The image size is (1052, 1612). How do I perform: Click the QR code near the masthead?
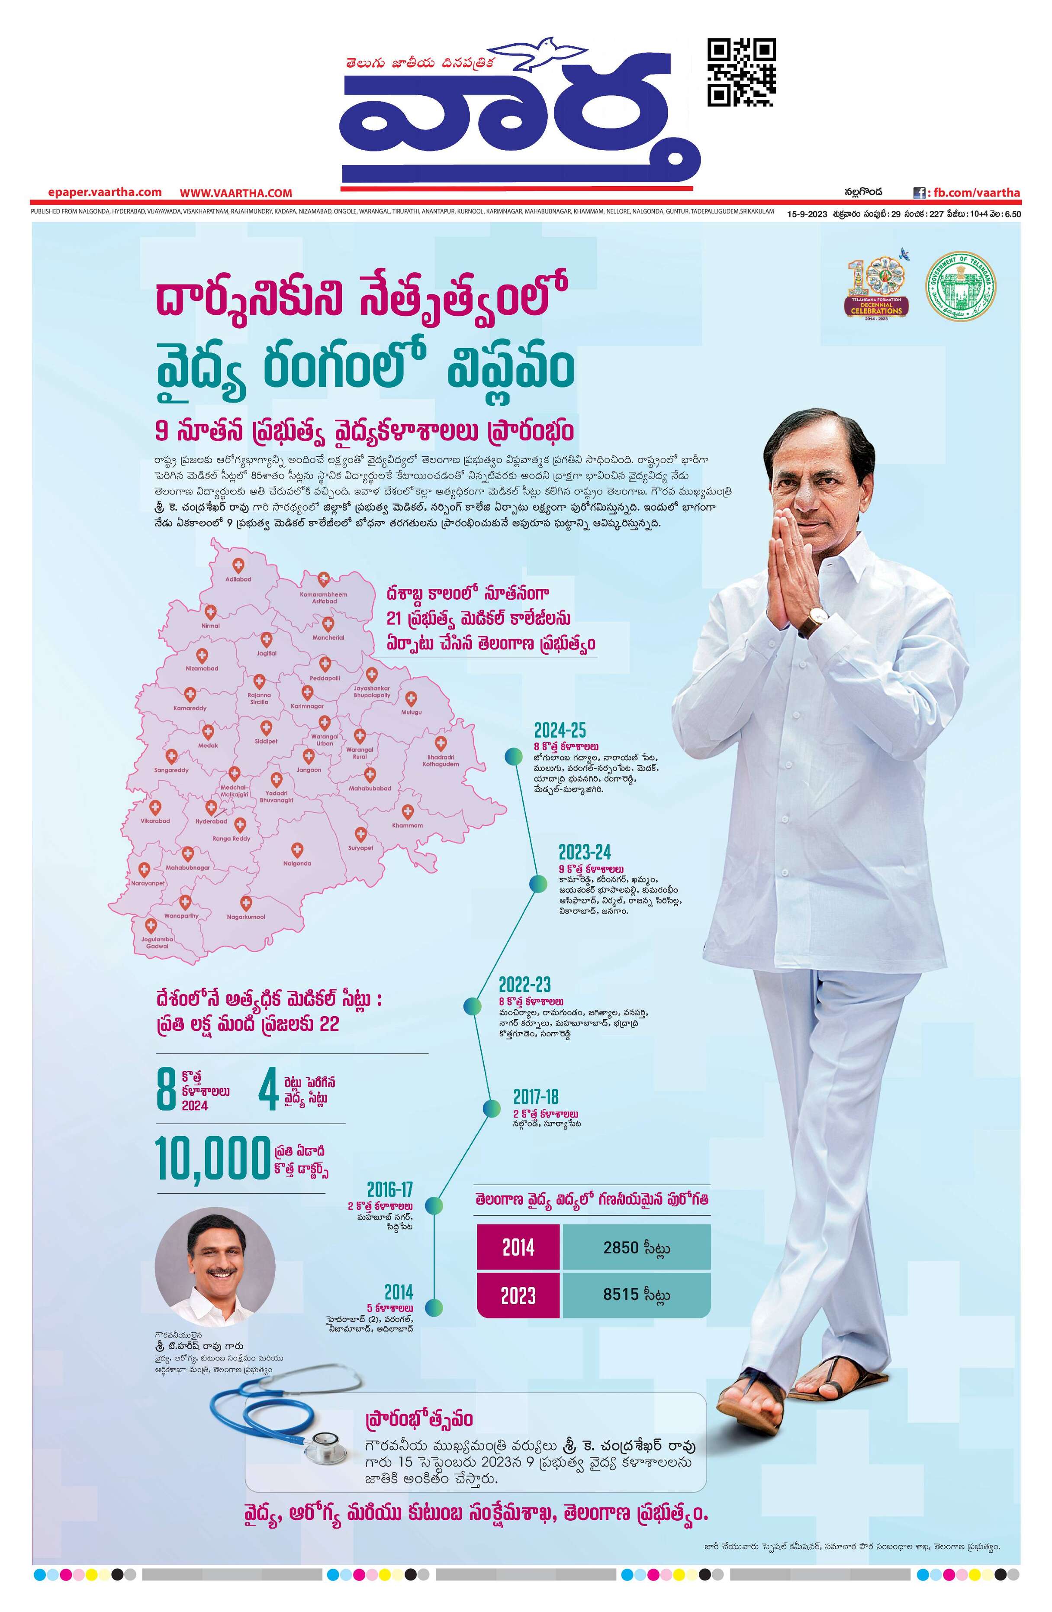click(x=741, y=72)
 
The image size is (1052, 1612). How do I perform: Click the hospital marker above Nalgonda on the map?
click(x=296, y=850)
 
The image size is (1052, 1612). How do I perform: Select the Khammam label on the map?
click(x=407, y=826)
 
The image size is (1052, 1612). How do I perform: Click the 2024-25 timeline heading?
click(x=559, y=730)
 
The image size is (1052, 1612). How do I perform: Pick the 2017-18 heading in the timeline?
click(x=535, y=1097)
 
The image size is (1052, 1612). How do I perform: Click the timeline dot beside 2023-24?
click(x=538, y=884)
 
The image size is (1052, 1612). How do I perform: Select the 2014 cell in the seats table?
click(x=518, y=1247)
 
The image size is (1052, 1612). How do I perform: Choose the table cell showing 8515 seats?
click(x=636, y=1294)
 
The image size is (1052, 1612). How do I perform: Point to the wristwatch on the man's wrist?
click(x=817, y=617)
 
